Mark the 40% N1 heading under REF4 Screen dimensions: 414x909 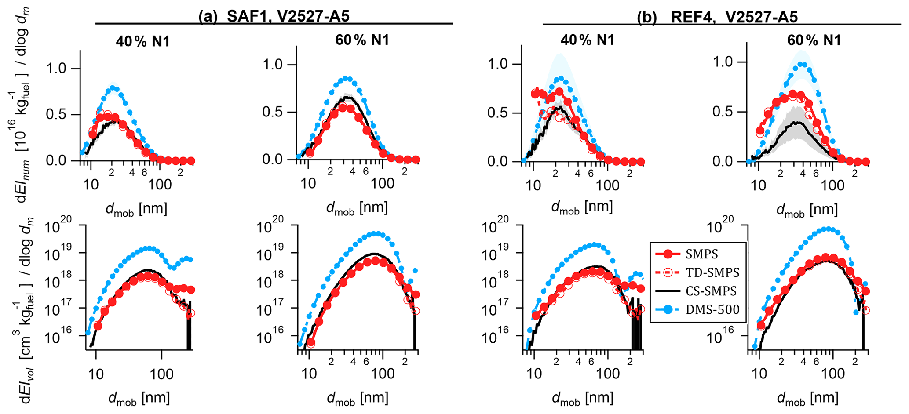pyautogui.click(x=588, y=40)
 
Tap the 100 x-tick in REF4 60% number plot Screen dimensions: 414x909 pyautogui.click(x=832, y=185)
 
